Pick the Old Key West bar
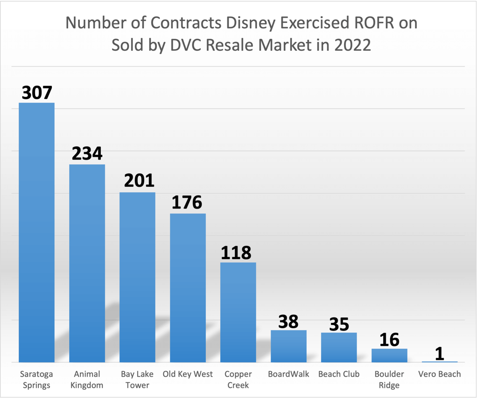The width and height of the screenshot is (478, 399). point(188,287)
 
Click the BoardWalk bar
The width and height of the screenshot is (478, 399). point(288,346)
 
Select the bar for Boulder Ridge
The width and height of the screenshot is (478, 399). point(389,355)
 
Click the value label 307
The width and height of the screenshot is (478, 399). point(36,92)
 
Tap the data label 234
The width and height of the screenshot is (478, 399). point(87,154)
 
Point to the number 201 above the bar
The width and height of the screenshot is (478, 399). point(139,181)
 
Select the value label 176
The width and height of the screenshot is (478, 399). point(187,203)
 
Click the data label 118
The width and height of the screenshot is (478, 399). point(236,252)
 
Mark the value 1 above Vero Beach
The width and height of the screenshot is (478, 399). point(439,353)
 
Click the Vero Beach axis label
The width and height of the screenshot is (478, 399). point(439,374)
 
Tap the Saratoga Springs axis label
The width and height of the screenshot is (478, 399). point(37,379)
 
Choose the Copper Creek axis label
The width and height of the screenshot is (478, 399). point(238,379)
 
